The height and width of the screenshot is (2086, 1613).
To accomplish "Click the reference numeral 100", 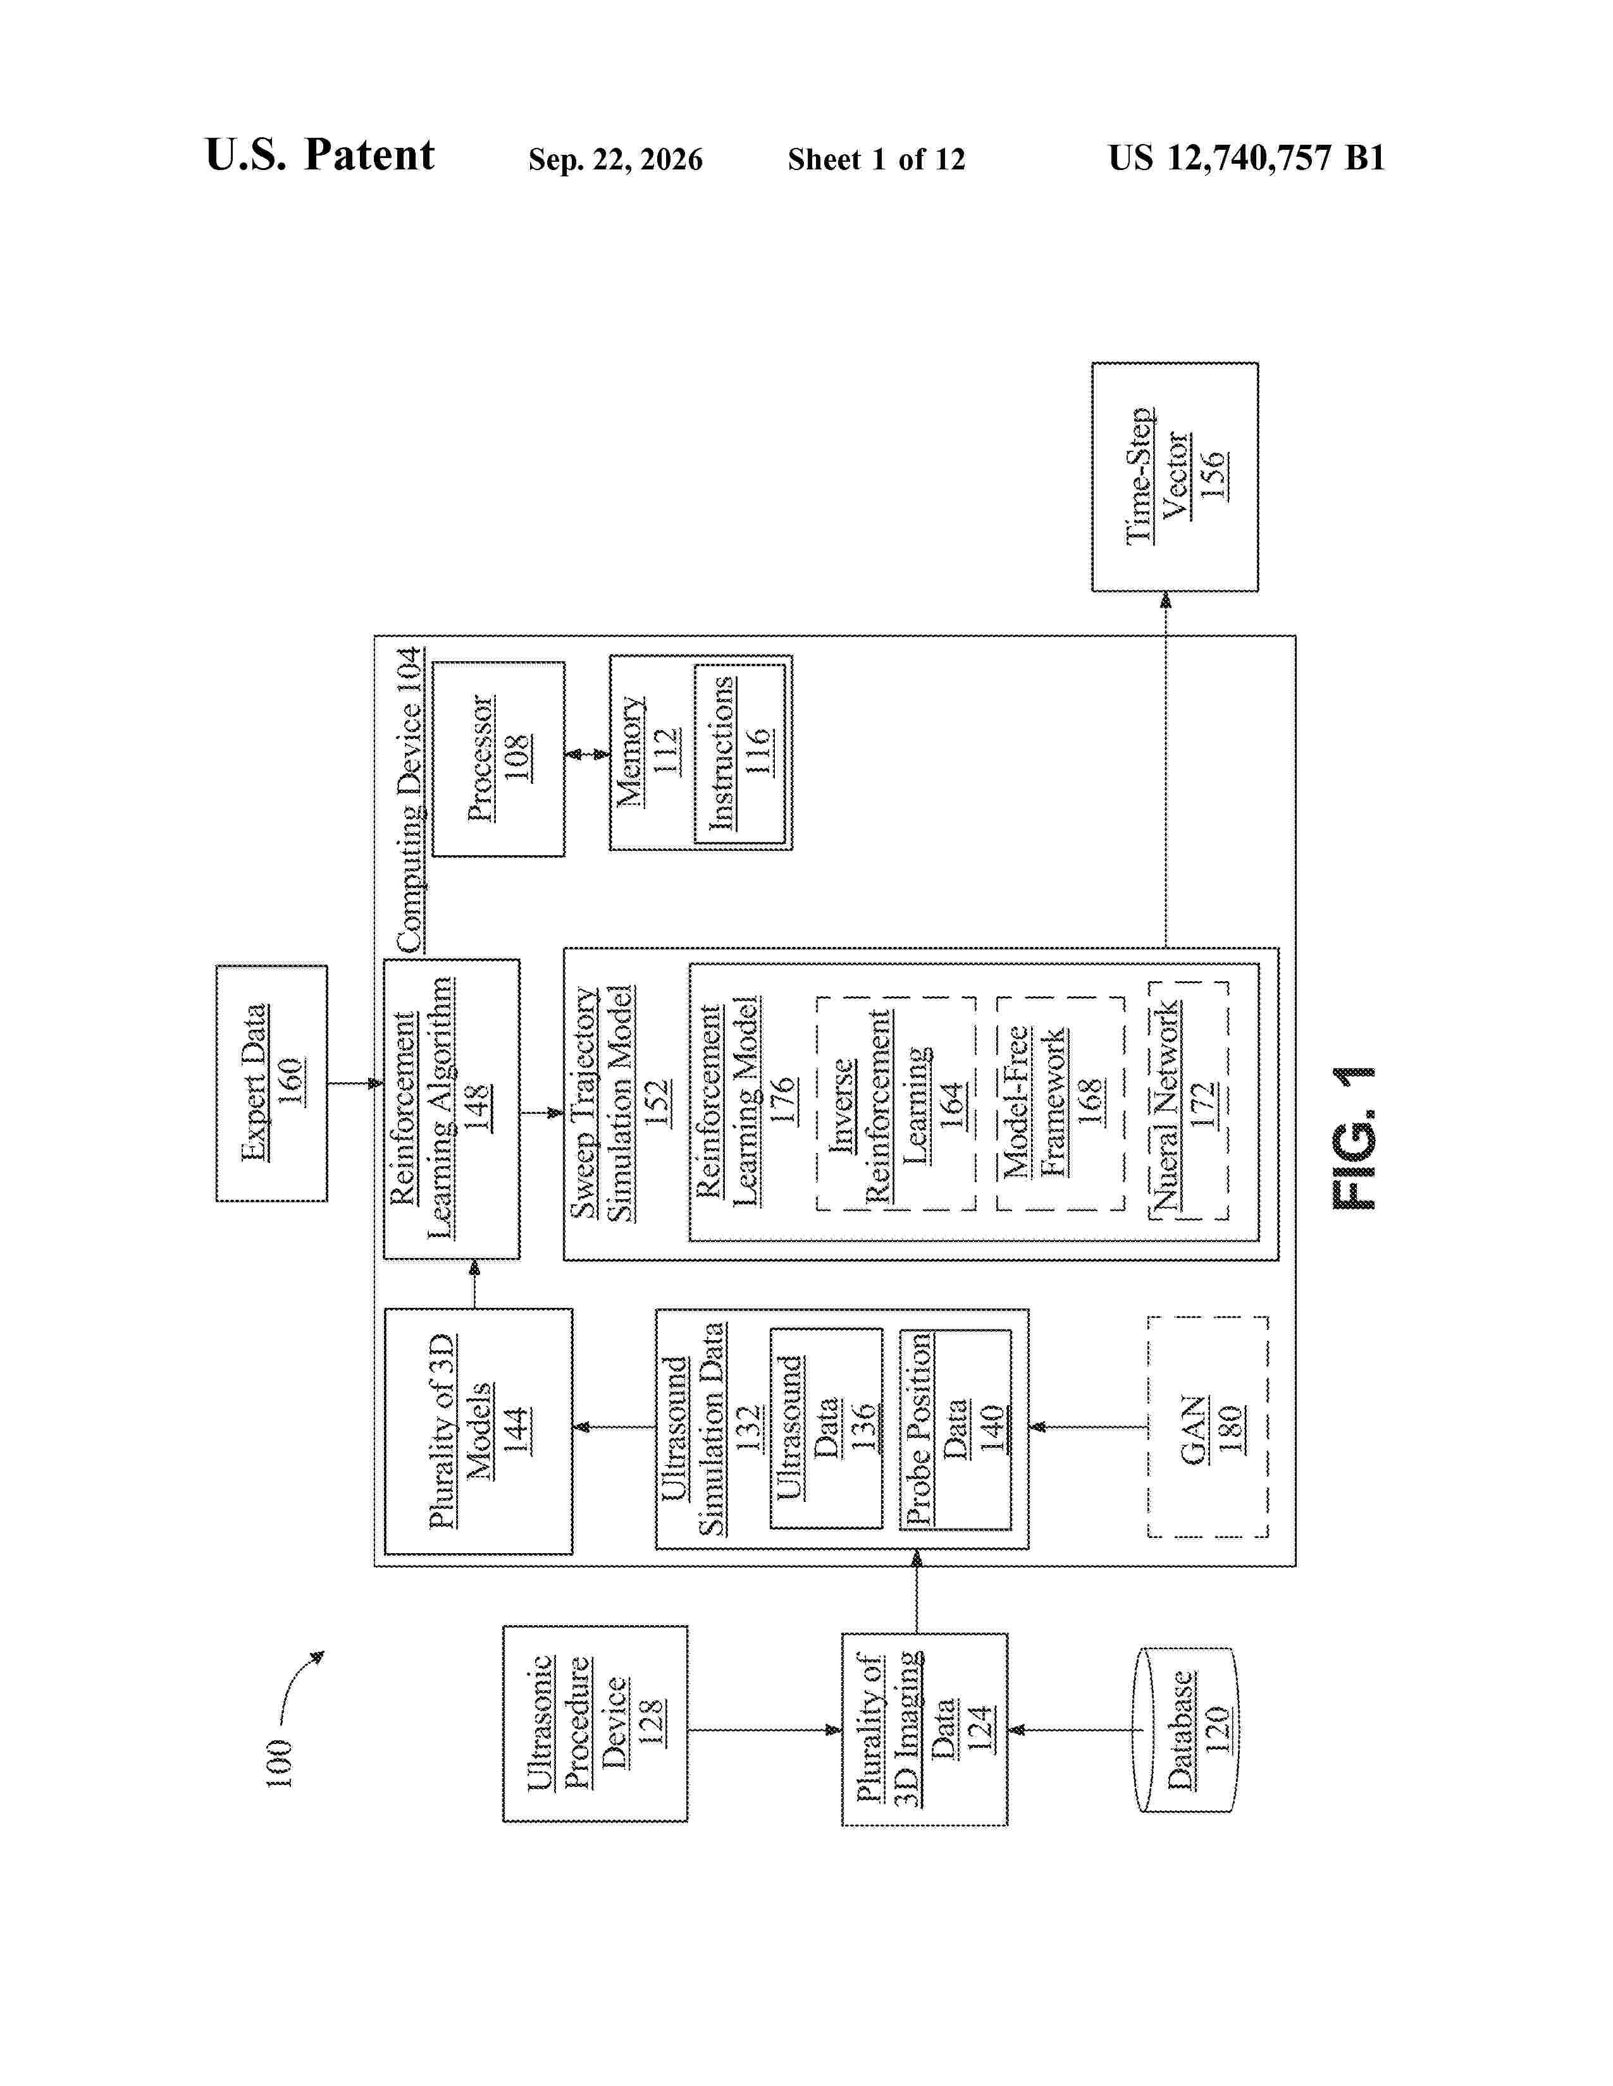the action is point(278,1763).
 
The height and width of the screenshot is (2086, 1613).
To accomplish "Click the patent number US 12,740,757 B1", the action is point(1246,157).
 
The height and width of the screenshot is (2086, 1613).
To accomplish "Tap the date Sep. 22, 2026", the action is point(615,159).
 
